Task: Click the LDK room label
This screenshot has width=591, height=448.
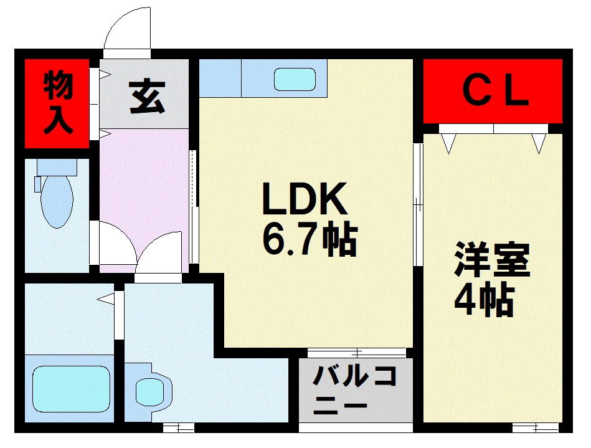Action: (303, 200)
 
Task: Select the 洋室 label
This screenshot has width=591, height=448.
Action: (491, 261)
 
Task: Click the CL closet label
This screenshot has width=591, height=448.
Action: (496, 92)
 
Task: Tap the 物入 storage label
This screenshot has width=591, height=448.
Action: (58, 103)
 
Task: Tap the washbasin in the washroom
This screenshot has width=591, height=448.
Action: (151, 392)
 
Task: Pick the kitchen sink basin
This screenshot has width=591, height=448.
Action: (295, 79)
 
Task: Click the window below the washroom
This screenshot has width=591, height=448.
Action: (178, 428)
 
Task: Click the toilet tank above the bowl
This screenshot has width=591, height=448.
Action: (56, 167)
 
